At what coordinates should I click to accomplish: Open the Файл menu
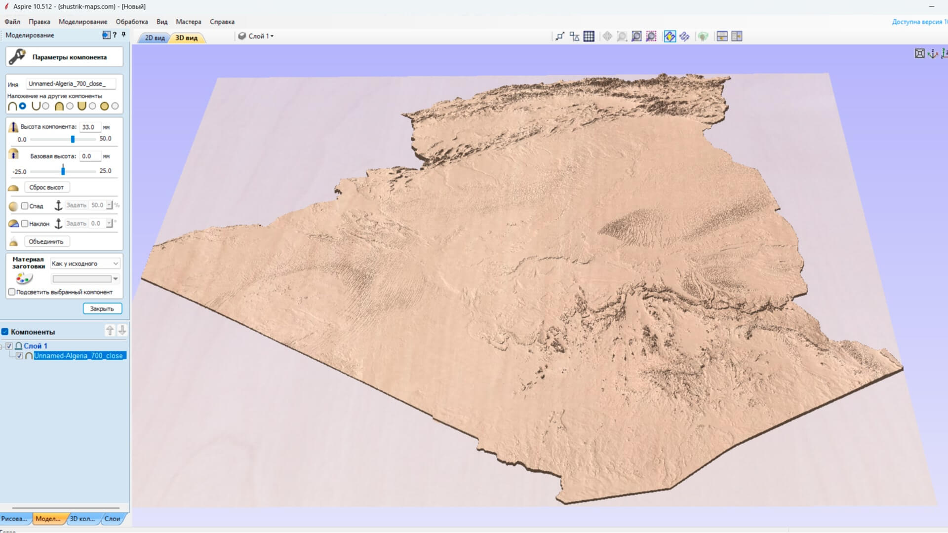(x=12, y=22)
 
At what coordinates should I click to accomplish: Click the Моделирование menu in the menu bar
(x=82, y=22)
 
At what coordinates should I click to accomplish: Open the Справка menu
(x=222, y=22)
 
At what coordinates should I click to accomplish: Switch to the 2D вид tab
(x=155, y=38)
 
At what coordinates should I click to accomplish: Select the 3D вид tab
(x=187, y=38)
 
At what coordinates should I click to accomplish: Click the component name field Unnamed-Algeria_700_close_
(x=71, y=84)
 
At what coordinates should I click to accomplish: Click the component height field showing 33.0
(x=89, y=127)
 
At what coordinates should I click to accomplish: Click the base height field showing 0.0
(x=89, y=156)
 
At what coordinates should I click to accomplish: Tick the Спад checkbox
(x=25, y=206)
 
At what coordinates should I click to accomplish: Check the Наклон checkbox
(x=25, y=224)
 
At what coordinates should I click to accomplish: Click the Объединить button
(x=46, y=241)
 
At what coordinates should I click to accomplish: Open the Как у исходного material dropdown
(x=85, y=264)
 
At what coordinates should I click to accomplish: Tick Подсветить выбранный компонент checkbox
(x=12, y=292)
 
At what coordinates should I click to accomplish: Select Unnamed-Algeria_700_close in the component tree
(x=79, y=356)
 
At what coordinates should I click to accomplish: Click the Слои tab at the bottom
(x=112, y=519)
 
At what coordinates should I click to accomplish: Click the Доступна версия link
(x=919, y=22)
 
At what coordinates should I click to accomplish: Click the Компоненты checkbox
(x=5, y=332)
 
